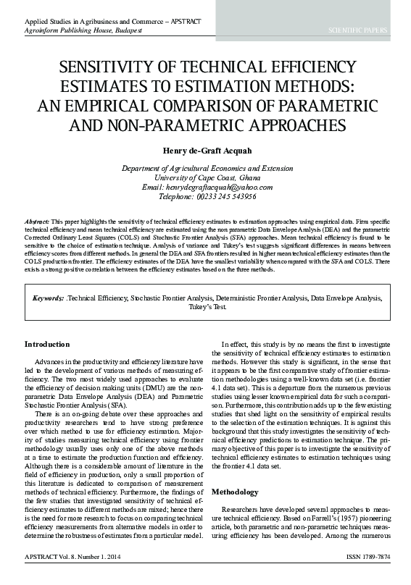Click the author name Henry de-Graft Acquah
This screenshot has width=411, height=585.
[205, 151]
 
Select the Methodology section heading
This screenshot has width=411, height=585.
[235, 492]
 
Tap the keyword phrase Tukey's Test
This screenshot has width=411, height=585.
[206, 307]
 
